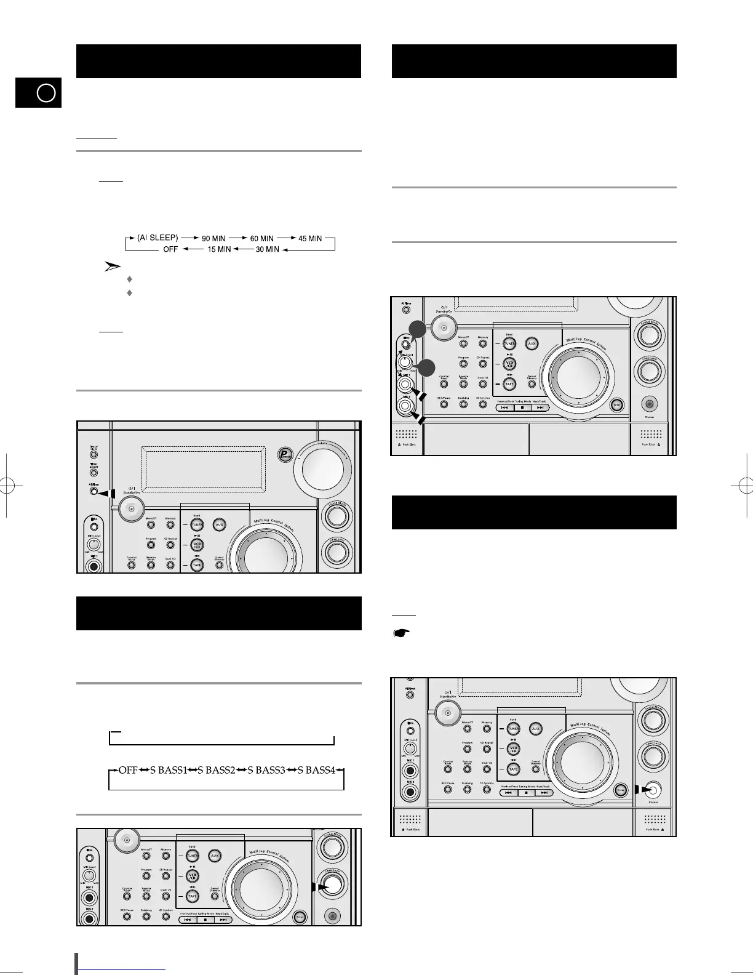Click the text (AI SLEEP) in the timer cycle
tap(158, 238)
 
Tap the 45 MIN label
tap(309, 238)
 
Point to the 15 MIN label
tap(219, 249)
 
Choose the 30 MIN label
tap(267, 249)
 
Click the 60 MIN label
tap(261, 238)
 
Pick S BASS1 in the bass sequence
tap(168, 770)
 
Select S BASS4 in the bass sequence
tap(317, 770)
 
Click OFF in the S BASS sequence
tap(127, 770)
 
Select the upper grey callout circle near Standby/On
tap(418, 329)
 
